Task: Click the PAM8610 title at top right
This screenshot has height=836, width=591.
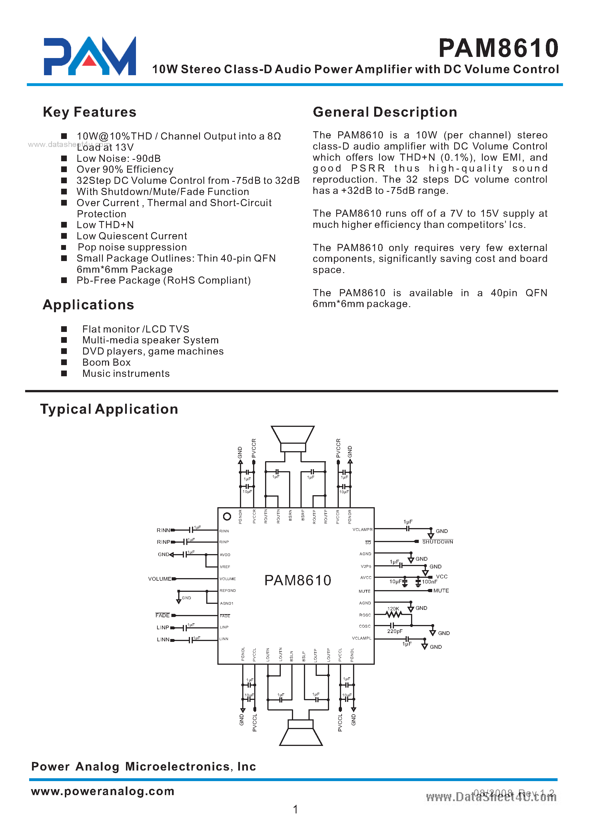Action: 498,48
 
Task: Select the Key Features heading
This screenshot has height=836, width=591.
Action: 89,112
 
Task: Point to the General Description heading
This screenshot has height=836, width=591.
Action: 385,112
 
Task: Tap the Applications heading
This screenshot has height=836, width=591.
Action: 89,305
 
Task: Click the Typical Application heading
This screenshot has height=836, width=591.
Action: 109,409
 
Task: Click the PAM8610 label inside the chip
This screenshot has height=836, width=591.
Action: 298,580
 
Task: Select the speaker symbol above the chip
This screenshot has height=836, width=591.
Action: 293,439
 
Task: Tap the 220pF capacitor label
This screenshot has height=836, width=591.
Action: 394,631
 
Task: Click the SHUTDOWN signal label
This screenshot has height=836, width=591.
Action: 437,542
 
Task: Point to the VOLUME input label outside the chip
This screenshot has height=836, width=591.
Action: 159,579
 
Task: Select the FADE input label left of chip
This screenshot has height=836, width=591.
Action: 162,616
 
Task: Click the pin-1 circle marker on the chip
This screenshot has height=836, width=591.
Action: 227,517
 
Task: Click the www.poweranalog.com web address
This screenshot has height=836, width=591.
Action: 103,791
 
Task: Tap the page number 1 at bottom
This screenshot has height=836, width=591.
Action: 295,809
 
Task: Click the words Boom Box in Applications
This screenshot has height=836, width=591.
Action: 106,363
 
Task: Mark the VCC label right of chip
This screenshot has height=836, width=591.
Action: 442,577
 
